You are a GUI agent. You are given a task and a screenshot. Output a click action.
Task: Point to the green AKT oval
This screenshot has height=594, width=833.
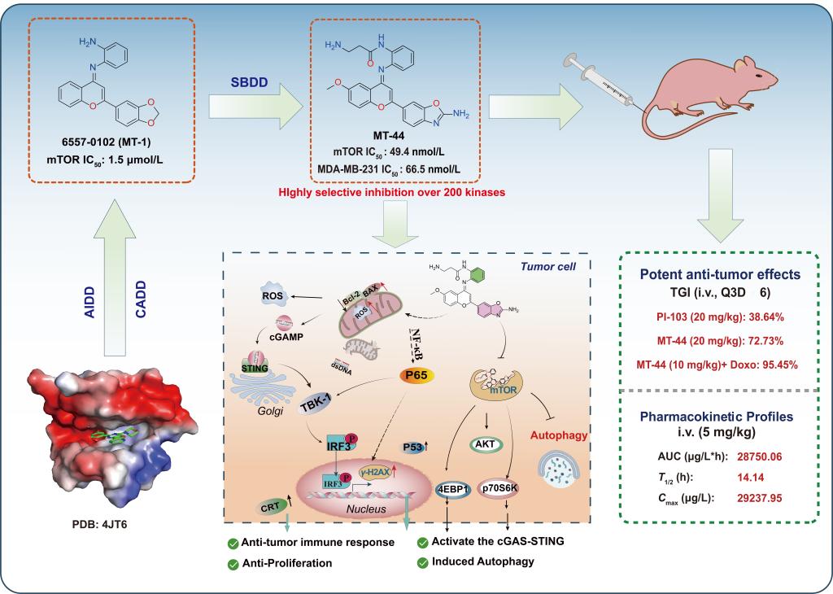pos(486,444)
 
